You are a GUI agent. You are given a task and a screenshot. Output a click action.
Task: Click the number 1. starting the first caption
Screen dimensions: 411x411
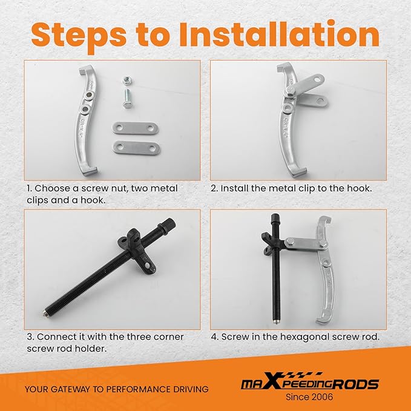(x=28, y=188)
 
